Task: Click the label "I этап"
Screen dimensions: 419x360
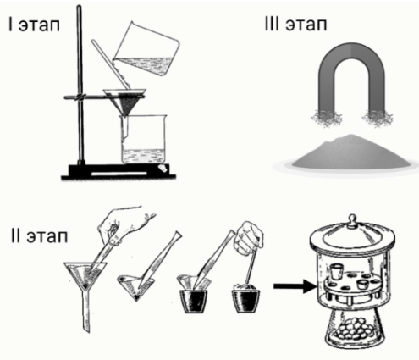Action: tap(35, 25)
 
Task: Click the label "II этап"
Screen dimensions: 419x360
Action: tap(39, 235)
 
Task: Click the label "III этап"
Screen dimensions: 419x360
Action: tap(295, 23)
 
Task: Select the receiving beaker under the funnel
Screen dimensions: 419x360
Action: tap(144, 139)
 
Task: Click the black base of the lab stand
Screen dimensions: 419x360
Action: tap(119, 172)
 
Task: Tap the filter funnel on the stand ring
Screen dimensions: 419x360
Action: tap(124, 102)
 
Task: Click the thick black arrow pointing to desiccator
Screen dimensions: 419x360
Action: tap(295, 286)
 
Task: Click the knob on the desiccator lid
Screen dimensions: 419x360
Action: tap(351, 219)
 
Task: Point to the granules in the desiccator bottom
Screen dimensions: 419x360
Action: tap(355, 328)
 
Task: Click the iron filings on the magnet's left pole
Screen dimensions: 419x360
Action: tap(328, 118)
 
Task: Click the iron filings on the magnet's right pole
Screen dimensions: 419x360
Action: tap(377, 118)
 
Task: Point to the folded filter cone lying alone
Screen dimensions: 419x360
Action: tap(135, 286)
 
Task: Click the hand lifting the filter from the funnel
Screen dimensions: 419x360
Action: tap(124, 224)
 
